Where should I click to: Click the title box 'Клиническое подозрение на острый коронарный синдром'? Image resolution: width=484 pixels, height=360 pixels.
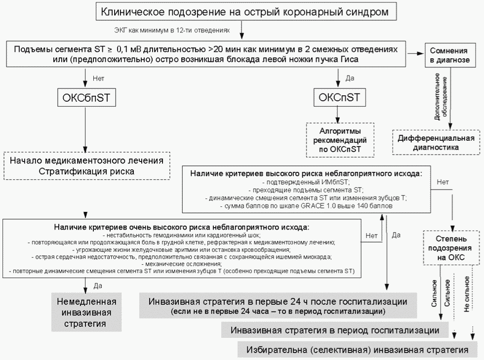click(x=241, y=11)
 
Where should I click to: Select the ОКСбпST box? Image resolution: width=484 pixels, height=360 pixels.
click(x=86, y=98)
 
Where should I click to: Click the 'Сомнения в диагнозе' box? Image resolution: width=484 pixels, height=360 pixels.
click(x=450, y=55)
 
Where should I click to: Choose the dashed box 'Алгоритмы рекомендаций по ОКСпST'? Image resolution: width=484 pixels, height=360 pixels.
click(x=340, y=140)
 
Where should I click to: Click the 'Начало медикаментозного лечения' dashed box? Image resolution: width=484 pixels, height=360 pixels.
click(x=86, y=166)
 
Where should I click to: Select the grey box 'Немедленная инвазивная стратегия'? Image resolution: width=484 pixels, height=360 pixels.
click(x=86, y=312)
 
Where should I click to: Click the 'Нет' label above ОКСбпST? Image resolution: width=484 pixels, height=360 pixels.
click(x=98, y=78)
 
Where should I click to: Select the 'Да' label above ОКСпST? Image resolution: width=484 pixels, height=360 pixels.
click(x=350, y=78)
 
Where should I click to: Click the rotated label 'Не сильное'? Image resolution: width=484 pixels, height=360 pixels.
click(x=467, y=293)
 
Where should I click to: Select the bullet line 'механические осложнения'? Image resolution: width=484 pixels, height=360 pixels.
click(x=181, y=264)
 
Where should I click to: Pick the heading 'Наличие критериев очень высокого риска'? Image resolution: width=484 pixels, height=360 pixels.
click(x=181, y=227)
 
